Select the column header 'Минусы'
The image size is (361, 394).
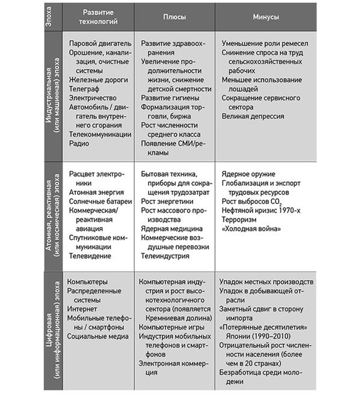click(265, 18)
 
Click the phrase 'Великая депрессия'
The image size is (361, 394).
click(253, 116)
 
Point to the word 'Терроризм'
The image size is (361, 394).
click(239, 220)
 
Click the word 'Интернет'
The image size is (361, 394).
click(84, 308)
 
